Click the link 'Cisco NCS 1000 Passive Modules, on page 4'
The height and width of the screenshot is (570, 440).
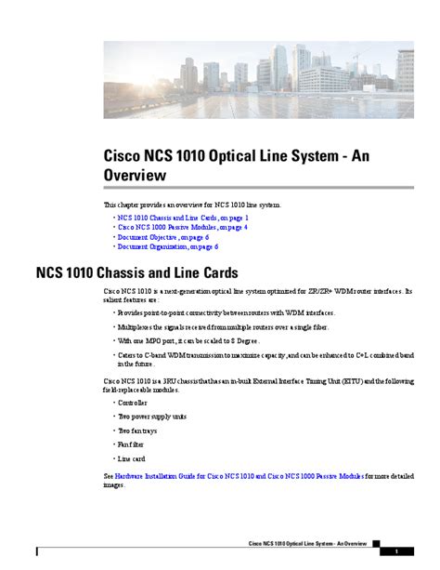point(182,227)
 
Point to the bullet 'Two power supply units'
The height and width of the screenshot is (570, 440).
point(150,417)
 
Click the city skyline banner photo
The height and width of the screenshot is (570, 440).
point(258,79)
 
